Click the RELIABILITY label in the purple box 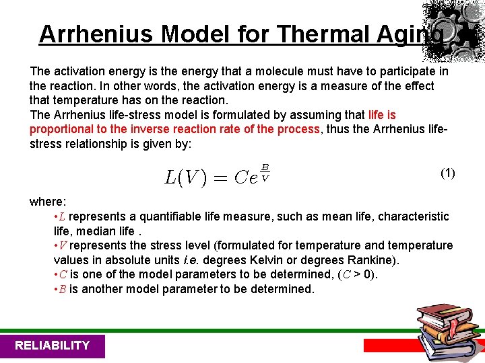[x=52, y=346]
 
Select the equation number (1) [x=448, y=173]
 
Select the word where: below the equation [x=46, y=201]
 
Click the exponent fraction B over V [x=265, y=172]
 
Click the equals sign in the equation [x=220, y=178]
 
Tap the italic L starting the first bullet [x=63, y=216]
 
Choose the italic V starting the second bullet [x=63, y=245]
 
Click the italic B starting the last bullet [x=63, y=289]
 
